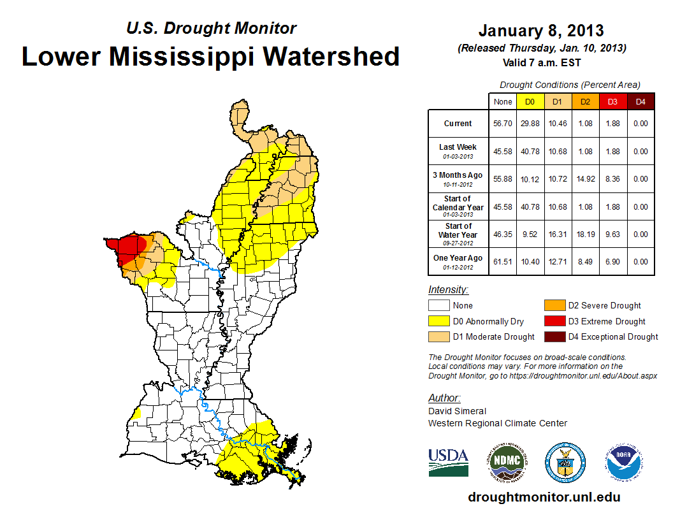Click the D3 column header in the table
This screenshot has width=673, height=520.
(612, 101)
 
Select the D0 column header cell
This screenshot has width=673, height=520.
(530, 101)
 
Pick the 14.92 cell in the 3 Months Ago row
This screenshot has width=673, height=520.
(585, 179)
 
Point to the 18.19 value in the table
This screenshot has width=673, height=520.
(585, 235)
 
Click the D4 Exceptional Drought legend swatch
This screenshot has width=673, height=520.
(553, 336)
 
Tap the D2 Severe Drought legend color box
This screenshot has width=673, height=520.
(553, 305)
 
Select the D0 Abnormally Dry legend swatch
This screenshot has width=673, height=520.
(438, 321)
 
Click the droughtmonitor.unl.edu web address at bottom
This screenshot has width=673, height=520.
(544, 497)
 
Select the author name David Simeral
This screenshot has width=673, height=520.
(457, 411)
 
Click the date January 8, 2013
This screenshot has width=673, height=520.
(541, 31)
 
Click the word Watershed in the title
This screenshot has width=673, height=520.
(331, 56)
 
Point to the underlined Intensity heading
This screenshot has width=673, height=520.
(448, 289)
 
